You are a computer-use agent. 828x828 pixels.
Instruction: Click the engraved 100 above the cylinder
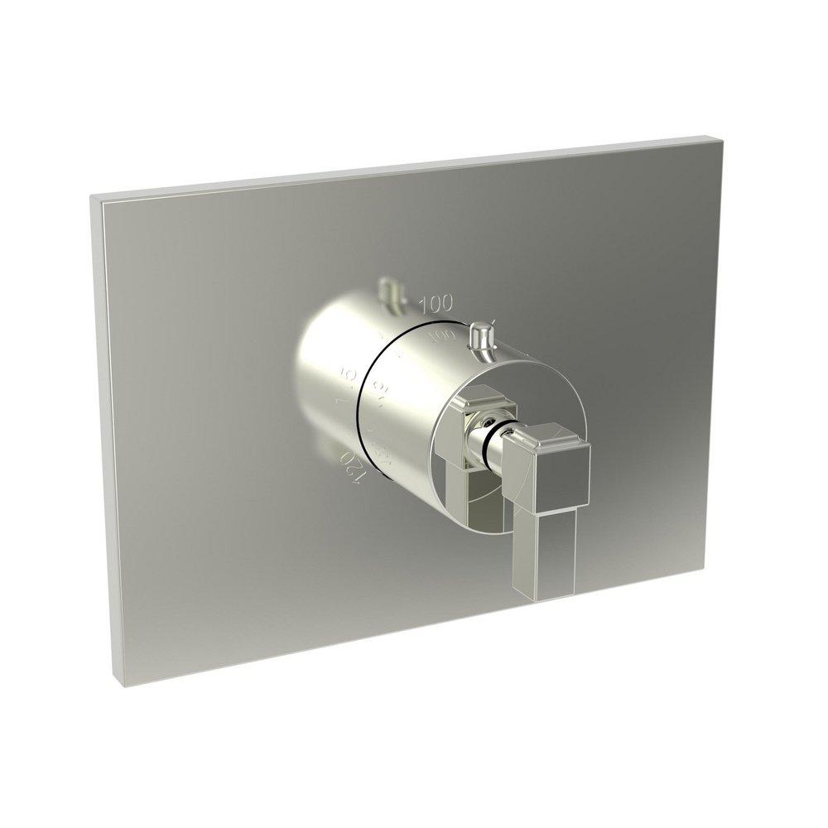pos(436,303)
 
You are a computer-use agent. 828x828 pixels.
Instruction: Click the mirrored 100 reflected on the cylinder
pos(443,335)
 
